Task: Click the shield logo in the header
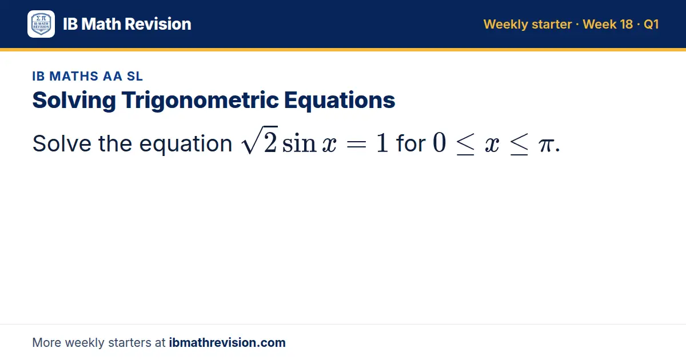[x=41, y=24]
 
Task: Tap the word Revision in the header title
[x=158, y=24]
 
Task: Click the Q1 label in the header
[x=651, y=24]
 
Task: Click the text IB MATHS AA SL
[x=87, y=76]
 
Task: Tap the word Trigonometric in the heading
[x=200, y=101]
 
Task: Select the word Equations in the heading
[x=340, y=101]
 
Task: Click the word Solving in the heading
[x=74, y=101]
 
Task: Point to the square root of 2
[x=260, y=140]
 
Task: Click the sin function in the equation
[x=299, y=143]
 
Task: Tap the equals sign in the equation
[x=356, y=144]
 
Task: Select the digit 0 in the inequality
[x=439, y=142]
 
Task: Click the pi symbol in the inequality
[x=546, y=145]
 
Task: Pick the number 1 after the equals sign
[x=382, y=143]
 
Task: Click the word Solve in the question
[x=62, y=143]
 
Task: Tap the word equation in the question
[x=186, y=144]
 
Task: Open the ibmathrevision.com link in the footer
[x=228, y=342]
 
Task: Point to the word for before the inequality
[x=410, y=143]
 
